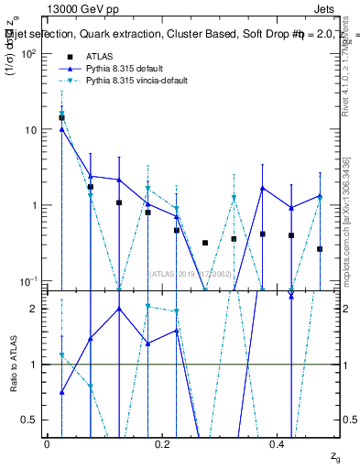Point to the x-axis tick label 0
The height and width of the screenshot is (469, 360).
(x=47, y=444)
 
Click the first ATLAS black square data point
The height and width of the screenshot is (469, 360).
(x=61, y=117)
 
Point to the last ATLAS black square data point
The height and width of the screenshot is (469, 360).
(x=320, y=249)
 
